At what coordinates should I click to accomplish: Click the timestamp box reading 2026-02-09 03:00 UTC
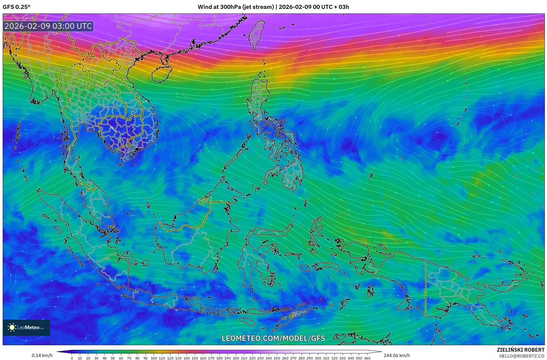(x=48, y=26)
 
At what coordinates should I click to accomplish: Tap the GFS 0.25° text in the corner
(x=16, y=7)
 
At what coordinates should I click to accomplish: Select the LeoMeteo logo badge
(x=26, y=327)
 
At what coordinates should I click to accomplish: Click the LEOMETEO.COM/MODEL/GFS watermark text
(x=273, y=338)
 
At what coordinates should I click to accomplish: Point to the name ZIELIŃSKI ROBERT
(x=520, y=350)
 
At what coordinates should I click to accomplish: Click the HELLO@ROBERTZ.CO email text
(x=522, y=356)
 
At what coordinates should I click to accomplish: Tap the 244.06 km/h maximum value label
(x=397, y=355)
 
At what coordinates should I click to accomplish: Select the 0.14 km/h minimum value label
(x=42, y=355)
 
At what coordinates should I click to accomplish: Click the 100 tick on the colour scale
(x=154, y=358)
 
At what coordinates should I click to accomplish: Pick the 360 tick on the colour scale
(x=367, y=358)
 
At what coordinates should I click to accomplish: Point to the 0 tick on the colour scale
(x=72, y=358)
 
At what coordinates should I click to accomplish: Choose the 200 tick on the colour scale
(x=236, y=358)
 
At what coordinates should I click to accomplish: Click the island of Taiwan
(x=256, y=34)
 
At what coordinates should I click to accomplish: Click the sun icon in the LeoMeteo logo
(x=12, y=327)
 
